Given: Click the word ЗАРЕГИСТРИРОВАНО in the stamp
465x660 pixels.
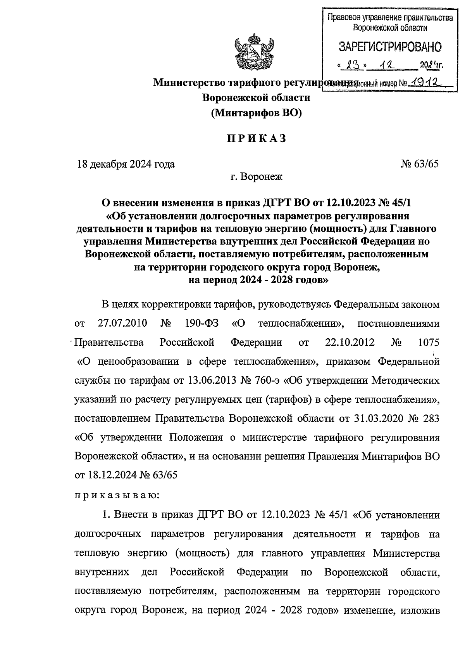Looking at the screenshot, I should point(390,47).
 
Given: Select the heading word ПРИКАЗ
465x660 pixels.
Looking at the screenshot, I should point(256,138).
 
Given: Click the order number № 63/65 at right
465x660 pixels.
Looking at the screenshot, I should point(420,164).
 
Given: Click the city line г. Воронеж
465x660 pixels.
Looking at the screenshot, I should point(257,177).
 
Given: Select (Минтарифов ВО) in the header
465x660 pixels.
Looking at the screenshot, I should point(256,113).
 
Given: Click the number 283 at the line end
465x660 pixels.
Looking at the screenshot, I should point(431,418).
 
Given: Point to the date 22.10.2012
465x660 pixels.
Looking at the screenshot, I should point(348,342).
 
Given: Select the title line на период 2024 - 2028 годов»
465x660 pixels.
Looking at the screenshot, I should point(256,281).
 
